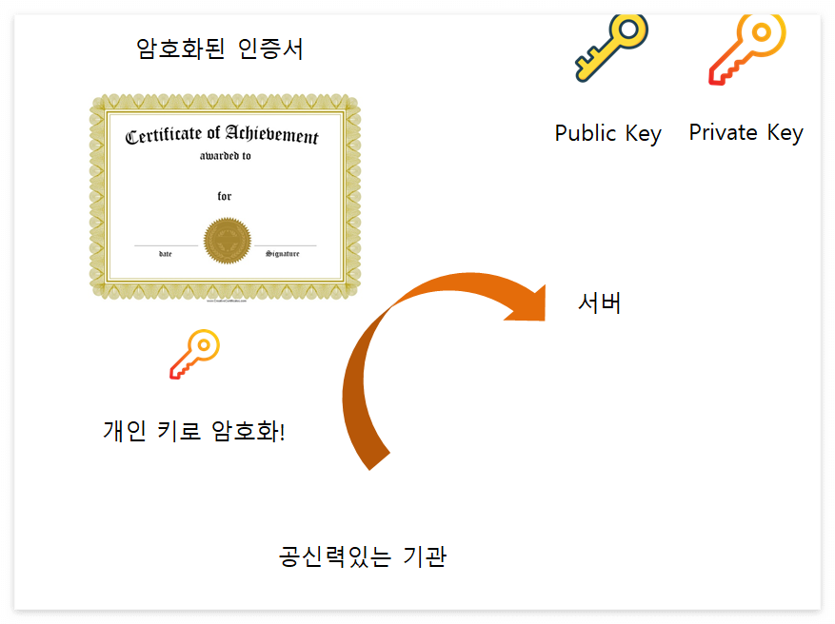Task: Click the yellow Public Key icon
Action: [x=610, y=48]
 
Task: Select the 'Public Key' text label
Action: [x=607, y=133]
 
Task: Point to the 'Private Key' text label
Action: [x=746, y=132]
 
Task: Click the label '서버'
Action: [x=600, y=302]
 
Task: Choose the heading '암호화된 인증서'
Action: [x=220, y=49]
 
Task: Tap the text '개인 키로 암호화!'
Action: [x=194, y=431]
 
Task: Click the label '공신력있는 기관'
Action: [x=362, y=556]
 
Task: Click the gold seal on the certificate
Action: [x=226, y=241]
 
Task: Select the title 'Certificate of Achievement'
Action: [x=222, y=136]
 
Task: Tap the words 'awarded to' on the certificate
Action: [x=226, y=156]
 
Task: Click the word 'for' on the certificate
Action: [x=225, y=197]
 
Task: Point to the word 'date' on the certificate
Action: [x=166, y=254]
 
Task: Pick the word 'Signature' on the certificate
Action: [x=283, y=254]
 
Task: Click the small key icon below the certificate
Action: [x=194, y=354]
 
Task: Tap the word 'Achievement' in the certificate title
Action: [x=272, y=136]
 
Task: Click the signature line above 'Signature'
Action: [x=285, y=245]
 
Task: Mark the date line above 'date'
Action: [x=166, y=245]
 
